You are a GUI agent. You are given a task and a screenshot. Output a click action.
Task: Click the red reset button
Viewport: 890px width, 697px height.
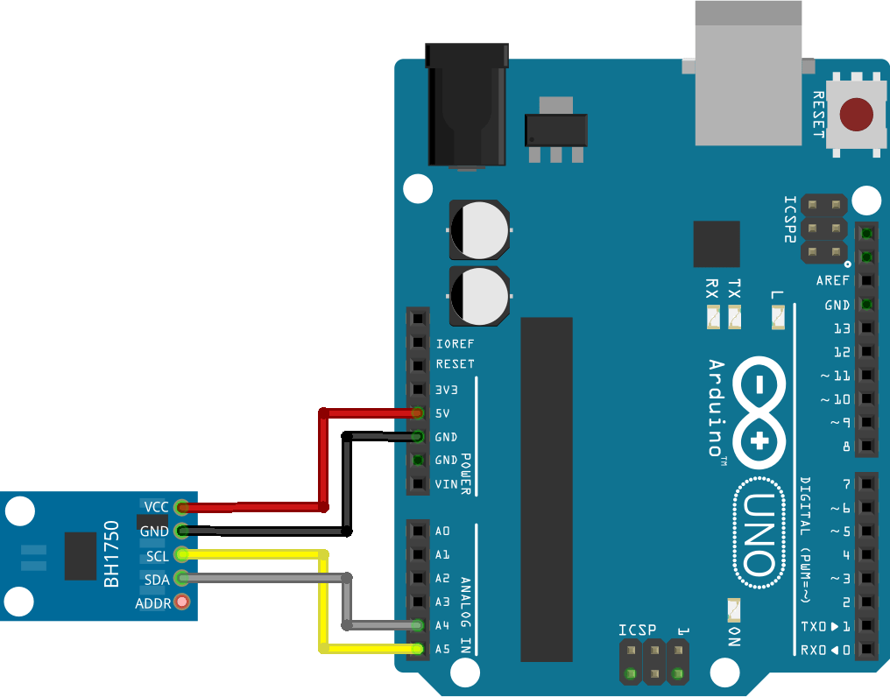[856, 115]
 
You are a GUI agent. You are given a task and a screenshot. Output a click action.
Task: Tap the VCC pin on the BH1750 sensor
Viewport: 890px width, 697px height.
[182, 506]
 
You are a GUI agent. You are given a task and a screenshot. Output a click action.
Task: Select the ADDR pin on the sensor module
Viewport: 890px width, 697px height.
[182, 602]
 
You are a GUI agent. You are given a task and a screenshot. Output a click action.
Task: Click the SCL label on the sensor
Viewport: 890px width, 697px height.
[158, 555]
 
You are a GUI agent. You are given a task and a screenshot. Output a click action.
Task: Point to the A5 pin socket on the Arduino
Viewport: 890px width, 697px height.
[419, 649]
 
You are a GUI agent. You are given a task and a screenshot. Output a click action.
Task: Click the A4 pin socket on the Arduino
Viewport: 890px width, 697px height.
[419, 625]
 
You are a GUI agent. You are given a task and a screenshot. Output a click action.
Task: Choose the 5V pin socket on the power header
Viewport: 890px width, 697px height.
[419, 412]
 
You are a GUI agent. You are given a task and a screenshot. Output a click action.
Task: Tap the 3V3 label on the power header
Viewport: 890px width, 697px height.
[447, 389]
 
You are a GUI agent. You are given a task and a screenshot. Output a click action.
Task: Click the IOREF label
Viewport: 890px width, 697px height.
[454, 343]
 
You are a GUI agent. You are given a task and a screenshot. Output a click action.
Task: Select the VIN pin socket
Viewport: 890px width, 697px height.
[419, 483]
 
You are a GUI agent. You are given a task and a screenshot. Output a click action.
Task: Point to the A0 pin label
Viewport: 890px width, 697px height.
[442, 532]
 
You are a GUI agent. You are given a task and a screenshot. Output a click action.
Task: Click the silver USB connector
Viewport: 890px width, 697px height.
[748, 74]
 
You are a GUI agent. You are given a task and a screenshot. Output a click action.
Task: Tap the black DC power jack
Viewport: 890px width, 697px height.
[466, 105]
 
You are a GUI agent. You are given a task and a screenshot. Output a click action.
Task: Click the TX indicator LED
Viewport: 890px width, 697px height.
[734, 316]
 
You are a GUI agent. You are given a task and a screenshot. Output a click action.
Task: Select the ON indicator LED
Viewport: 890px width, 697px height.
[734, 609]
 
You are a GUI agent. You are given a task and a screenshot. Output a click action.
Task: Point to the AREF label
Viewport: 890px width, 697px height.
[833, 281]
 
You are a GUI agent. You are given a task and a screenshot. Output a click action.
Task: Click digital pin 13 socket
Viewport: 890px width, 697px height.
[865, 328]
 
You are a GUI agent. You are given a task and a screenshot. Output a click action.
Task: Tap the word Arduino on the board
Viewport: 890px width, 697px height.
[716, 407]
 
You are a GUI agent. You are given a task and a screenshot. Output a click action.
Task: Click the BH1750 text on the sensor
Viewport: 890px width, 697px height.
[111, 557]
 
